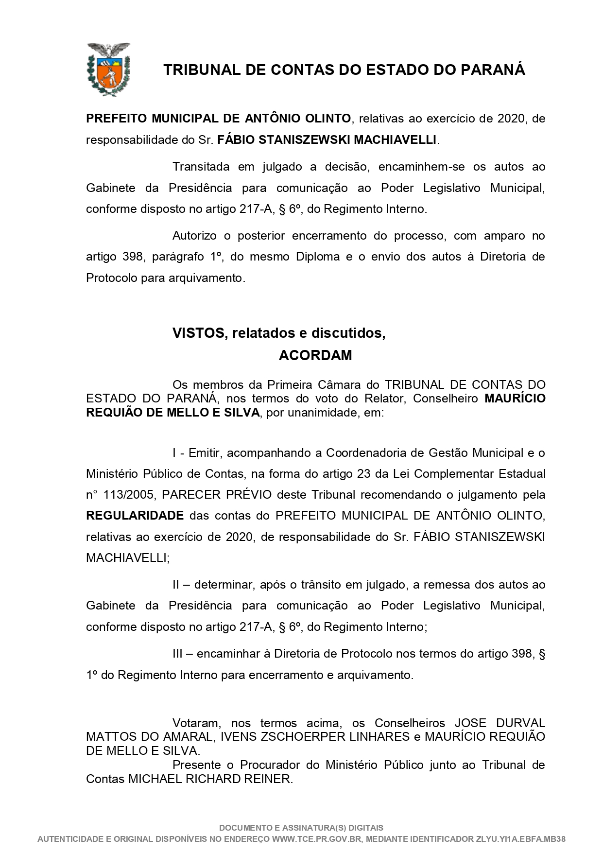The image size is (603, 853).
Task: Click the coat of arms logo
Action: tap(108, 69)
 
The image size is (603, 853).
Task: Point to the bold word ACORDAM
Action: tap(315, 355)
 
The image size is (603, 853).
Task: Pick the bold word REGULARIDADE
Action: tap(135, 515)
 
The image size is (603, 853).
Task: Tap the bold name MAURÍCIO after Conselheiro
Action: tap(515, 399)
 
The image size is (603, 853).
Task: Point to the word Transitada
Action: tap(201, 167)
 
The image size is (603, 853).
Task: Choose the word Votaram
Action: tap(196, 723)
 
